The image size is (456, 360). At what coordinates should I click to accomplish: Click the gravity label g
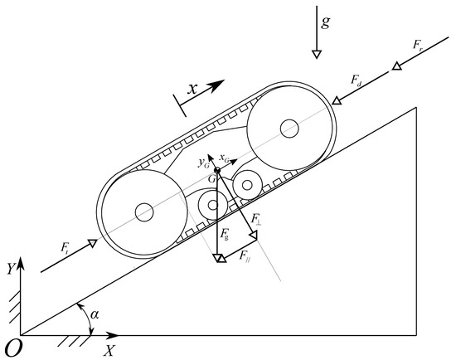pyautogui.click(x=326, y=22)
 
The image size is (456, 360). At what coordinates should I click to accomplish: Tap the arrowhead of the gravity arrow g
pyautogui.click(x=317, y=54)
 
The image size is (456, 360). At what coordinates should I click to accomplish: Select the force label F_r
pyautogui.click(x=418, y=45)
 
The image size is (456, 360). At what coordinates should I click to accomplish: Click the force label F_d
pyautogui.click(x=357, y=80)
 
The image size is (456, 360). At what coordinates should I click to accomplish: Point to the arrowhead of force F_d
pyautogui.click(x=337, y=100)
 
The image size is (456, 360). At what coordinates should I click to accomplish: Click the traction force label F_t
pyautogui.click(x=65, y=248)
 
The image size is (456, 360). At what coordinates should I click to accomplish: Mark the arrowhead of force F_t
pyautogui.click(x=93, y=243)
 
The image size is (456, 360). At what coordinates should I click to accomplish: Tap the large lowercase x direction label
pyautogui.click(x=192, y=88)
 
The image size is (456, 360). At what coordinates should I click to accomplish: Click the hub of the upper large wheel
pyautogui.click(x=289, y=128)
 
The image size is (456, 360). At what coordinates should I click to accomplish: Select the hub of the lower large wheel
pyautogui.click(x=144, y=212)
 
